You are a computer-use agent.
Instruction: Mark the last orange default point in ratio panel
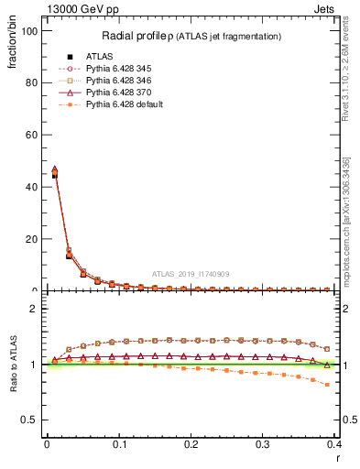[327, 385]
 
